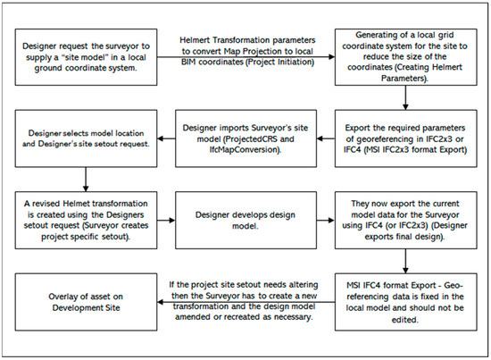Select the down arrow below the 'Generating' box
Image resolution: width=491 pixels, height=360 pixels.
click(405, 98)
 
